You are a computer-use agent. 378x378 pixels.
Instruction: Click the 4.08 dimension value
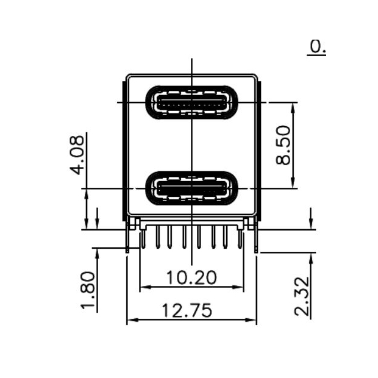[x=77, y=155]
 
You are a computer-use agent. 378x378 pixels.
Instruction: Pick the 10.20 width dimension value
[x=191, y=278]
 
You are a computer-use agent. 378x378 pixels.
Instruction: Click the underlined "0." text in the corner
[x=317, y=46]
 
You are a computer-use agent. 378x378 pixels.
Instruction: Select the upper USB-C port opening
[x=191, y=101]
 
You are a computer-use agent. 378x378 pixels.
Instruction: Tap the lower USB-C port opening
[x=191, y=188]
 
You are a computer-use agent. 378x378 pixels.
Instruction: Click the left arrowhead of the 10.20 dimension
[x=144, y=287]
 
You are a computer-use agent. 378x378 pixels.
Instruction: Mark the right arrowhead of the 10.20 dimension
[x=240, y=287]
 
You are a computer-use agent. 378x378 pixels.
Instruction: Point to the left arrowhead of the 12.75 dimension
[x=130, y=320]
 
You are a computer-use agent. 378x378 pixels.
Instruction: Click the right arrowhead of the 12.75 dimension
[x=252, y=320]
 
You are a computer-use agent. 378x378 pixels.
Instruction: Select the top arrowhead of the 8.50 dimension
[x=293, y=106]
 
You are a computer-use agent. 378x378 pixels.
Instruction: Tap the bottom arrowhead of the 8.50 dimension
[x=293, y=184]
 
